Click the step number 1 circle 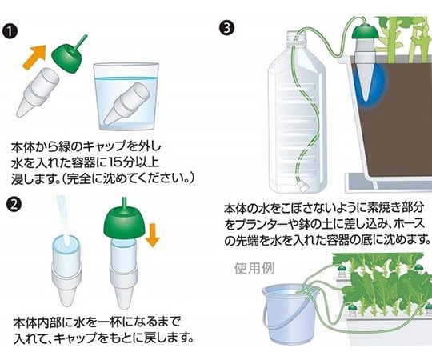click(10, 32)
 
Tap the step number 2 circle click(14, 204)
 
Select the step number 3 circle click(227, 28)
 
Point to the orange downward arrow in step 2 click(152, 234)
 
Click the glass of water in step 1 click(126, 97)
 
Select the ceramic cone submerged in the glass click(126, 103)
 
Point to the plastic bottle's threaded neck click(296, 38)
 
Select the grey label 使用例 click(254, 268)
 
